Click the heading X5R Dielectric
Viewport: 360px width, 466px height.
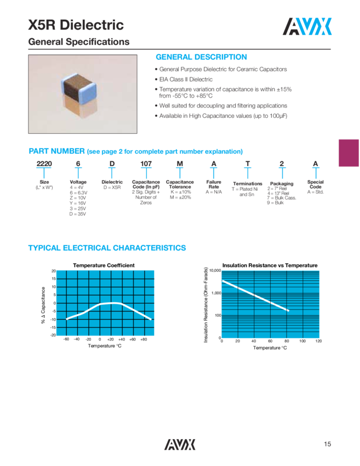pos(76,25)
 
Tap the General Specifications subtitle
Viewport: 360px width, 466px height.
pos(79,42)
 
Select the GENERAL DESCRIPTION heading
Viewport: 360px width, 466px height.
pos(201,57)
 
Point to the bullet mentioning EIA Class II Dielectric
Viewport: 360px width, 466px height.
pos(186,79)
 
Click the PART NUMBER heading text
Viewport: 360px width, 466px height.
pos(56,151)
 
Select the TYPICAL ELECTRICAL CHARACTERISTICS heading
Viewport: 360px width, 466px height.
pos(107,249)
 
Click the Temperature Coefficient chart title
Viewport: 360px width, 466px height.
pos(104,265)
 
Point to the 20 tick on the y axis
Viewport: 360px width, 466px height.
pos(53,271)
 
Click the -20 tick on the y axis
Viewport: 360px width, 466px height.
pos(53,335)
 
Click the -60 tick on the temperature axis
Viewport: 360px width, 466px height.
pos(66,340)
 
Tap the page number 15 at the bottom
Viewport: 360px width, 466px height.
pos(328,445)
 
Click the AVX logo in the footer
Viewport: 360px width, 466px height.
pos(180,445)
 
